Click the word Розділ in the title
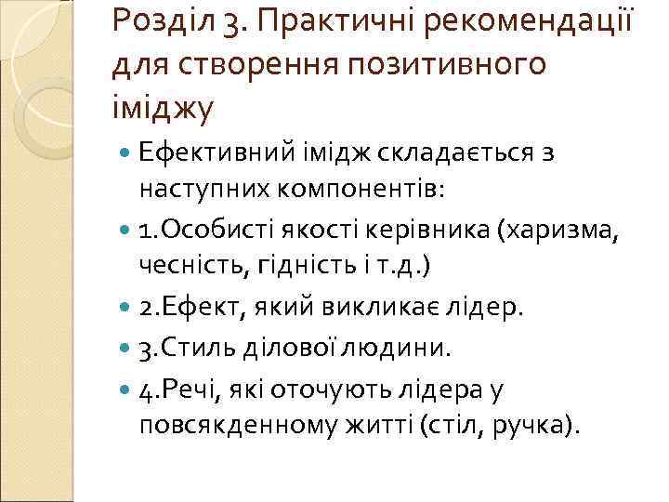(x=162, y=20)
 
